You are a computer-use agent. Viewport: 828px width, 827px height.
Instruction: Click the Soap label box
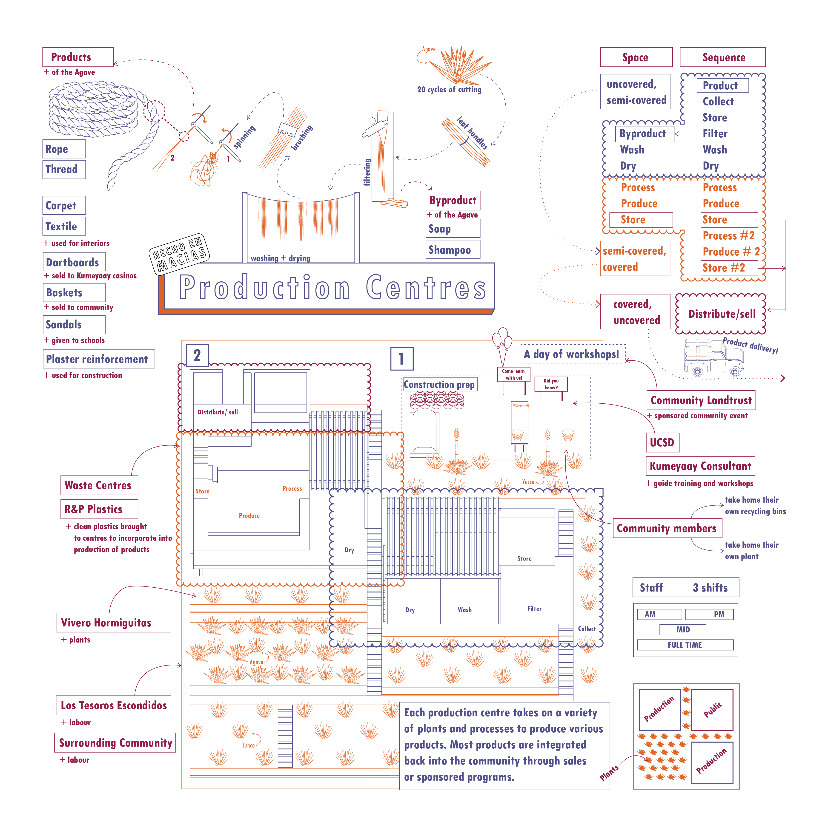point(453,229)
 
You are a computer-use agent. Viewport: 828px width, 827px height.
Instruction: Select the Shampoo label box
point(453,250)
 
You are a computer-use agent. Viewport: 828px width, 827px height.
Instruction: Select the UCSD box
point(662,442)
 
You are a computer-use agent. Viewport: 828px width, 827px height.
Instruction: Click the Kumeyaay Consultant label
point(700,466)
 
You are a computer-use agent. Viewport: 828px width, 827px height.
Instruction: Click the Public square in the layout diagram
point(712,710)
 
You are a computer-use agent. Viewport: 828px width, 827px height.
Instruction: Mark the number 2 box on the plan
point(197,355)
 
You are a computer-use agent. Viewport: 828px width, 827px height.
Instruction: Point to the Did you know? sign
point(551,384)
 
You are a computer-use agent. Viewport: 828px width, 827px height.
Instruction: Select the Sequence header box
point(722,57)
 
